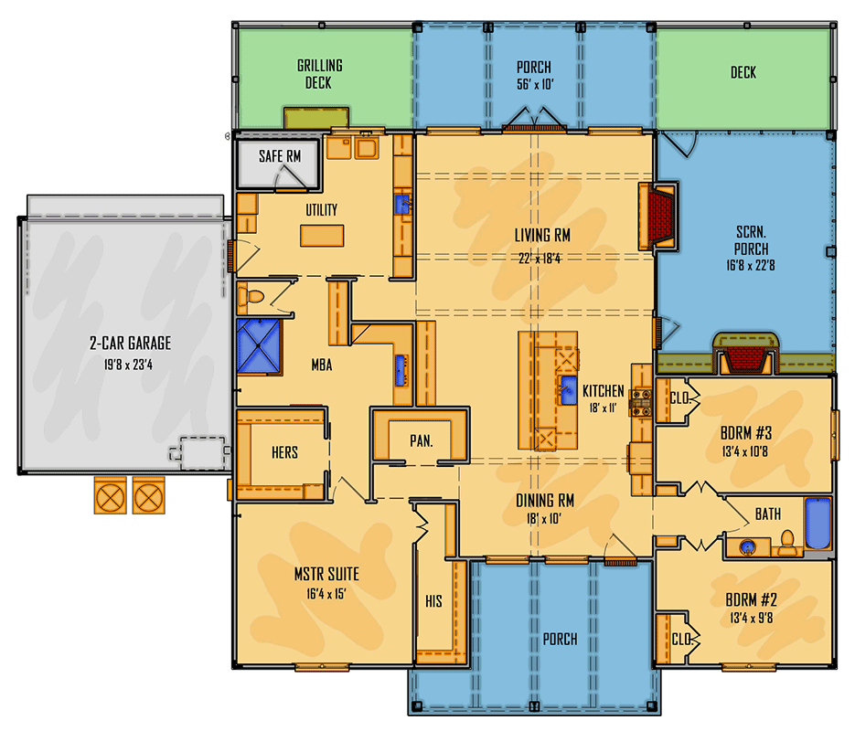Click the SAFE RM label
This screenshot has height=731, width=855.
279,156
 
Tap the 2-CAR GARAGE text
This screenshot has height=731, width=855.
130,344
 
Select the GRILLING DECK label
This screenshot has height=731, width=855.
319,74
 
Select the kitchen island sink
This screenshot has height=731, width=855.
567,386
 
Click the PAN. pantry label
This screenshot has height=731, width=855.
421,441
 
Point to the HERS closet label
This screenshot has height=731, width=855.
284,452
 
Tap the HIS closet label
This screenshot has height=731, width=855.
433,602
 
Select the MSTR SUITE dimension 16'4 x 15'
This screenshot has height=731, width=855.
326,593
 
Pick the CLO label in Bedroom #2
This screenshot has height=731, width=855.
680,638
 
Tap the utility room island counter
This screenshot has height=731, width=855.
323,236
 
